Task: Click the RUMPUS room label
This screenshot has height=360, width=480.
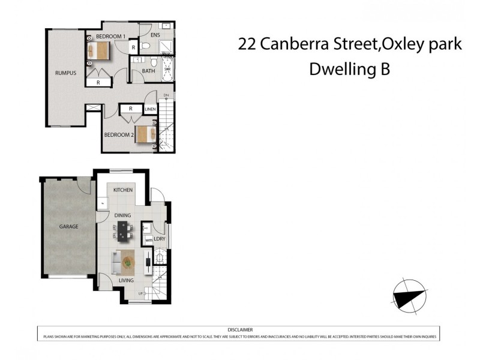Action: pyautogui.click(x=65, y=73)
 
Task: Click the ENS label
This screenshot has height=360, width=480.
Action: pyautogui.click(x=155, y=35)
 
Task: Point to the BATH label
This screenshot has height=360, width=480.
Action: pyautogui.click(x=148, y=71)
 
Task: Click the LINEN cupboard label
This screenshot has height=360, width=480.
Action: pyautogui.click(x=151, y=109)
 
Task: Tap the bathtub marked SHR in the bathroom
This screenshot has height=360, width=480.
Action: pyautogui.click(x=167, y=69)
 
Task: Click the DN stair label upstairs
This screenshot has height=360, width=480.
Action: pyautogui.click(x=166, y=95)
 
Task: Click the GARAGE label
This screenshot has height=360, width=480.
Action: pyautogui.click(x=68, y=227)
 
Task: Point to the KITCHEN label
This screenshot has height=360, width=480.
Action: pyautogui.click(x=122, y=190)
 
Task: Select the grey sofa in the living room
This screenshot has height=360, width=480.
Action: pyautogui.click(x=116, y=262)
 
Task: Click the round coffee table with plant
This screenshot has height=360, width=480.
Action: pyautogui.click(x=128, y=261)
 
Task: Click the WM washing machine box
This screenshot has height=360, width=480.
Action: pyautogui.click(x=148, y=241)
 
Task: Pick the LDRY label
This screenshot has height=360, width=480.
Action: pyautogui.click(x=160, y=239)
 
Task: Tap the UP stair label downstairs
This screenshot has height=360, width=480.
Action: pyautogui.click(x=140, y=293)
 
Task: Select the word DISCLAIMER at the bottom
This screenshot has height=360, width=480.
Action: pyautogui.click(x=240, y=329)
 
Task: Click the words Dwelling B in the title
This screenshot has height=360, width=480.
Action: pyautogui.click(x=349, y=69)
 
